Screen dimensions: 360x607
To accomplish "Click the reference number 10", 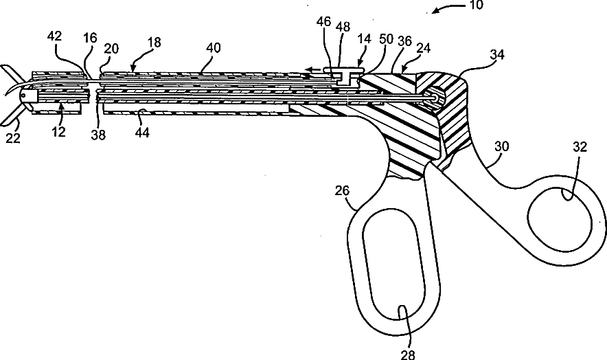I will [x=476, y=5].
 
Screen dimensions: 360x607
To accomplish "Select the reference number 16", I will [x=90, y=39].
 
